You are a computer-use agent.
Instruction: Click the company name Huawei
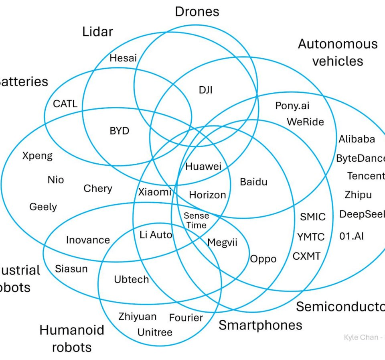pyautogui.click(x=203, y=166)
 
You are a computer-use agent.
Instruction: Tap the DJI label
pyautogui.click(x=205, y=90)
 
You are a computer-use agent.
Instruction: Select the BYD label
pyautogui.click(x=120, y=131)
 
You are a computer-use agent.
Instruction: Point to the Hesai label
pyautogui.click(x=123, y=58)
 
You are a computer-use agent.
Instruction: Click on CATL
pyautogui.click(x=65, y=104)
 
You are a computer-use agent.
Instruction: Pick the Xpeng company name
pyautogui.click(x=37, y=156)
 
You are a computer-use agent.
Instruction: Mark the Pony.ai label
pyautogui.click(x=292, y=106)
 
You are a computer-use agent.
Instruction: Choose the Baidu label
pyautogui.click(x=253, y=182)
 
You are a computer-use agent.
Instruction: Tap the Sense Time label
pyautogui.click(x=196, y=221)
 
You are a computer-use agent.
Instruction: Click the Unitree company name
pyautogui.click(x=155, y=332)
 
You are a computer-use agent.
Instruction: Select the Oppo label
pyautogui.click(x=263, y=259)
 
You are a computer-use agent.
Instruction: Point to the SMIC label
pyautogui.click(x=313, y=217)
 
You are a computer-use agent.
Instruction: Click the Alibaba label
pyautogui.click(x=357, y=139)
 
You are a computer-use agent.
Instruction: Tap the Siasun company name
pyautogui.click(x=71, y=268)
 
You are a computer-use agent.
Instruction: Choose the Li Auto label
pyautogui.click(x=156, y=235)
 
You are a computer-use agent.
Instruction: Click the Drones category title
pyautogui.click(x=197, y=11)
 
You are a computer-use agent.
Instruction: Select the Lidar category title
pyautogui.click(x=97, y=32)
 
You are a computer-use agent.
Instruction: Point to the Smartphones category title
pyautogui.click(x=260, y=325)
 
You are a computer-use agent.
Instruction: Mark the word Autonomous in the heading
pyautogui.click(x=338, y=44)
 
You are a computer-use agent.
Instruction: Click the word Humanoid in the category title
pyautogui.click(x=72, y=330)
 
